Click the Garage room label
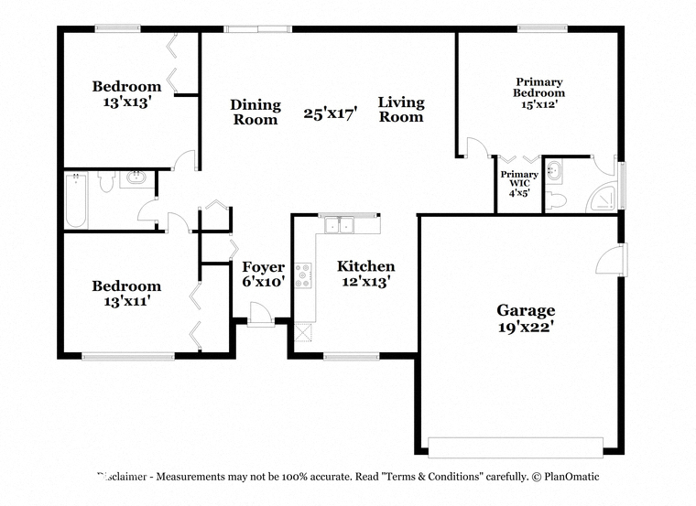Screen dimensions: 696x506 point(526,310)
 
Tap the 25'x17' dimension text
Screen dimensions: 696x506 point(331,113)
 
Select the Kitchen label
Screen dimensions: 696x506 point(365,266)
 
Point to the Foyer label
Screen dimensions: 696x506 point(263,267)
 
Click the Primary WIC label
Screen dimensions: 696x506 point(519,178)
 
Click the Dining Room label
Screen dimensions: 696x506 point(256,112)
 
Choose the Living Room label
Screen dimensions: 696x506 point(401,109)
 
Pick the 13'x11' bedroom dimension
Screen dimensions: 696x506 point(127,302)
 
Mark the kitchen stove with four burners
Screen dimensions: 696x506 point(303,275)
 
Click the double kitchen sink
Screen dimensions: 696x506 point(339,225)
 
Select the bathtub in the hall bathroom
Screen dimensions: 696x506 point(76,200)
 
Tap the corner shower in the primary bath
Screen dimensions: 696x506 point(602,199)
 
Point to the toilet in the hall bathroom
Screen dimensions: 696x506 point(106,181)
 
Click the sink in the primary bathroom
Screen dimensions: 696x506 point(554,171)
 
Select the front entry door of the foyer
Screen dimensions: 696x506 point(261,314)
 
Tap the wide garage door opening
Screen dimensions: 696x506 point(516,447)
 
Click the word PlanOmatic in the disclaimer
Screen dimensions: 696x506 point(571,477)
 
